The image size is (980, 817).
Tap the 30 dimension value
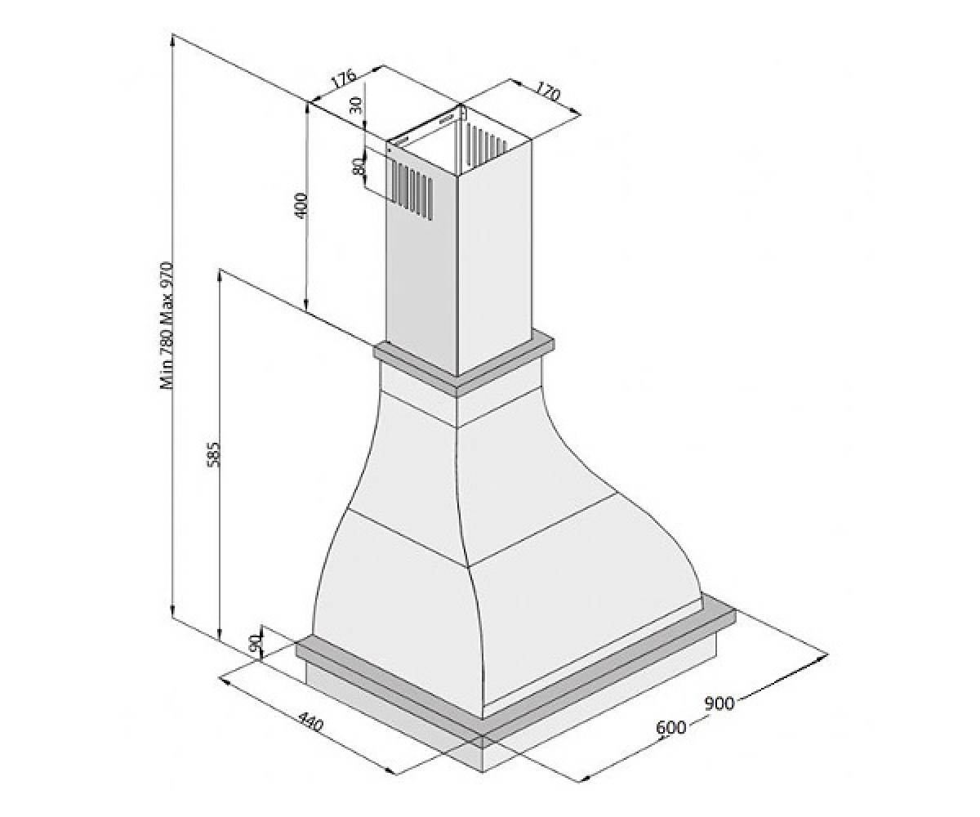[x=357, y=105]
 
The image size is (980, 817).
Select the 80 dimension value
[x=359, y=166]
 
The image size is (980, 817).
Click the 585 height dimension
[x=213, y=454]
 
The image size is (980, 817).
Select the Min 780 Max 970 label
[x=167, y=326]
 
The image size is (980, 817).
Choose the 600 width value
[x=670, y=727]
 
